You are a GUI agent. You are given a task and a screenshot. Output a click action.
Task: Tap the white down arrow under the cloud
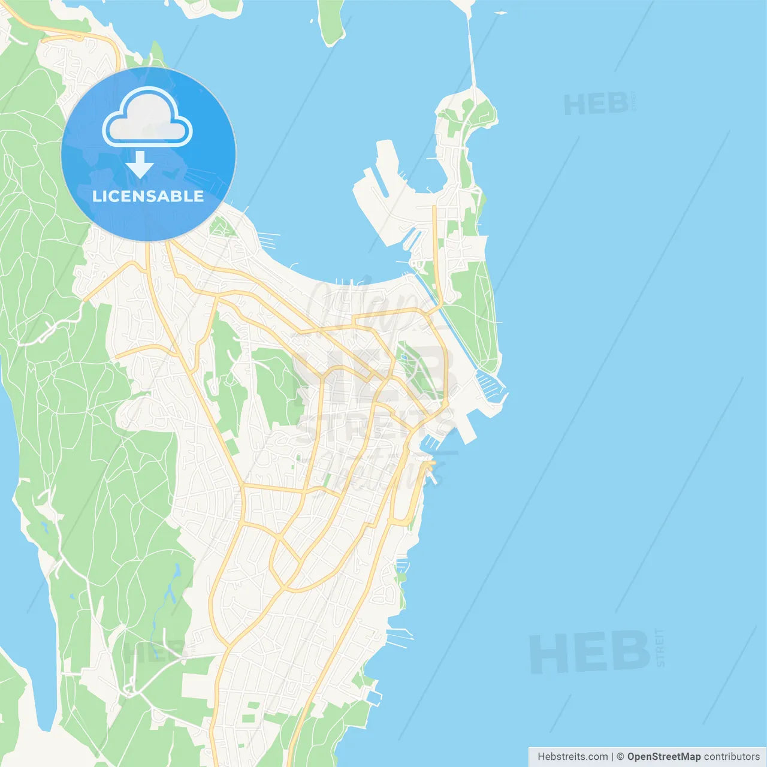[140, 165]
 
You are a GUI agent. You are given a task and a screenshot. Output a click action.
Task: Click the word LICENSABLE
[148, 196]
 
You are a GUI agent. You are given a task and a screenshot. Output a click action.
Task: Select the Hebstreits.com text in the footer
[572, 756]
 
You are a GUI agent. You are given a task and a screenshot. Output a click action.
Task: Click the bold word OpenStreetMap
[663, 756]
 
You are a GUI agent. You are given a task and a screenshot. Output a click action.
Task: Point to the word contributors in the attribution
[732, 756]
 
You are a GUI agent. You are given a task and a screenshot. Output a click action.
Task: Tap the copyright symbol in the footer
[620, 756]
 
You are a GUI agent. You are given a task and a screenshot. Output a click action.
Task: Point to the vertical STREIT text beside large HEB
[660, 648]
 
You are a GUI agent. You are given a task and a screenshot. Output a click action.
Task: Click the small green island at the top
[331, 22]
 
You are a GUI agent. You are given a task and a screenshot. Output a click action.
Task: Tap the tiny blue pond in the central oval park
[403, 359]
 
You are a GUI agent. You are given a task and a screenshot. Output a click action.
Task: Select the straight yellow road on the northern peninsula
[436, 252]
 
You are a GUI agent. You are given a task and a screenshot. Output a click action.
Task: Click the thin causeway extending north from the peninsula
[472, 54]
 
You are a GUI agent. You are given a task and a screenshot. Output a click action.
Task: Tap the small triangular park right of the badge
[222, 227]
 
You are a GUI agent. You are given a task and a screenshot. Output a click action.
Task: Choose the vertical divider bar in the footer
[612, 756]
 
